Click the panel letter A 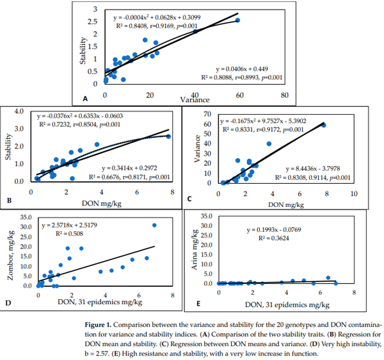84,99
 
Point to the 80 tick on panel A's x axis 284,95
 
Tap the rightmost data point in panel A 237,20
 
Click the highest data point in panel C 324,125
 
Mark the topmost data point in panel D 154,225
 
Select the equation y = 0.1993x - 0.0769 278,230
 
